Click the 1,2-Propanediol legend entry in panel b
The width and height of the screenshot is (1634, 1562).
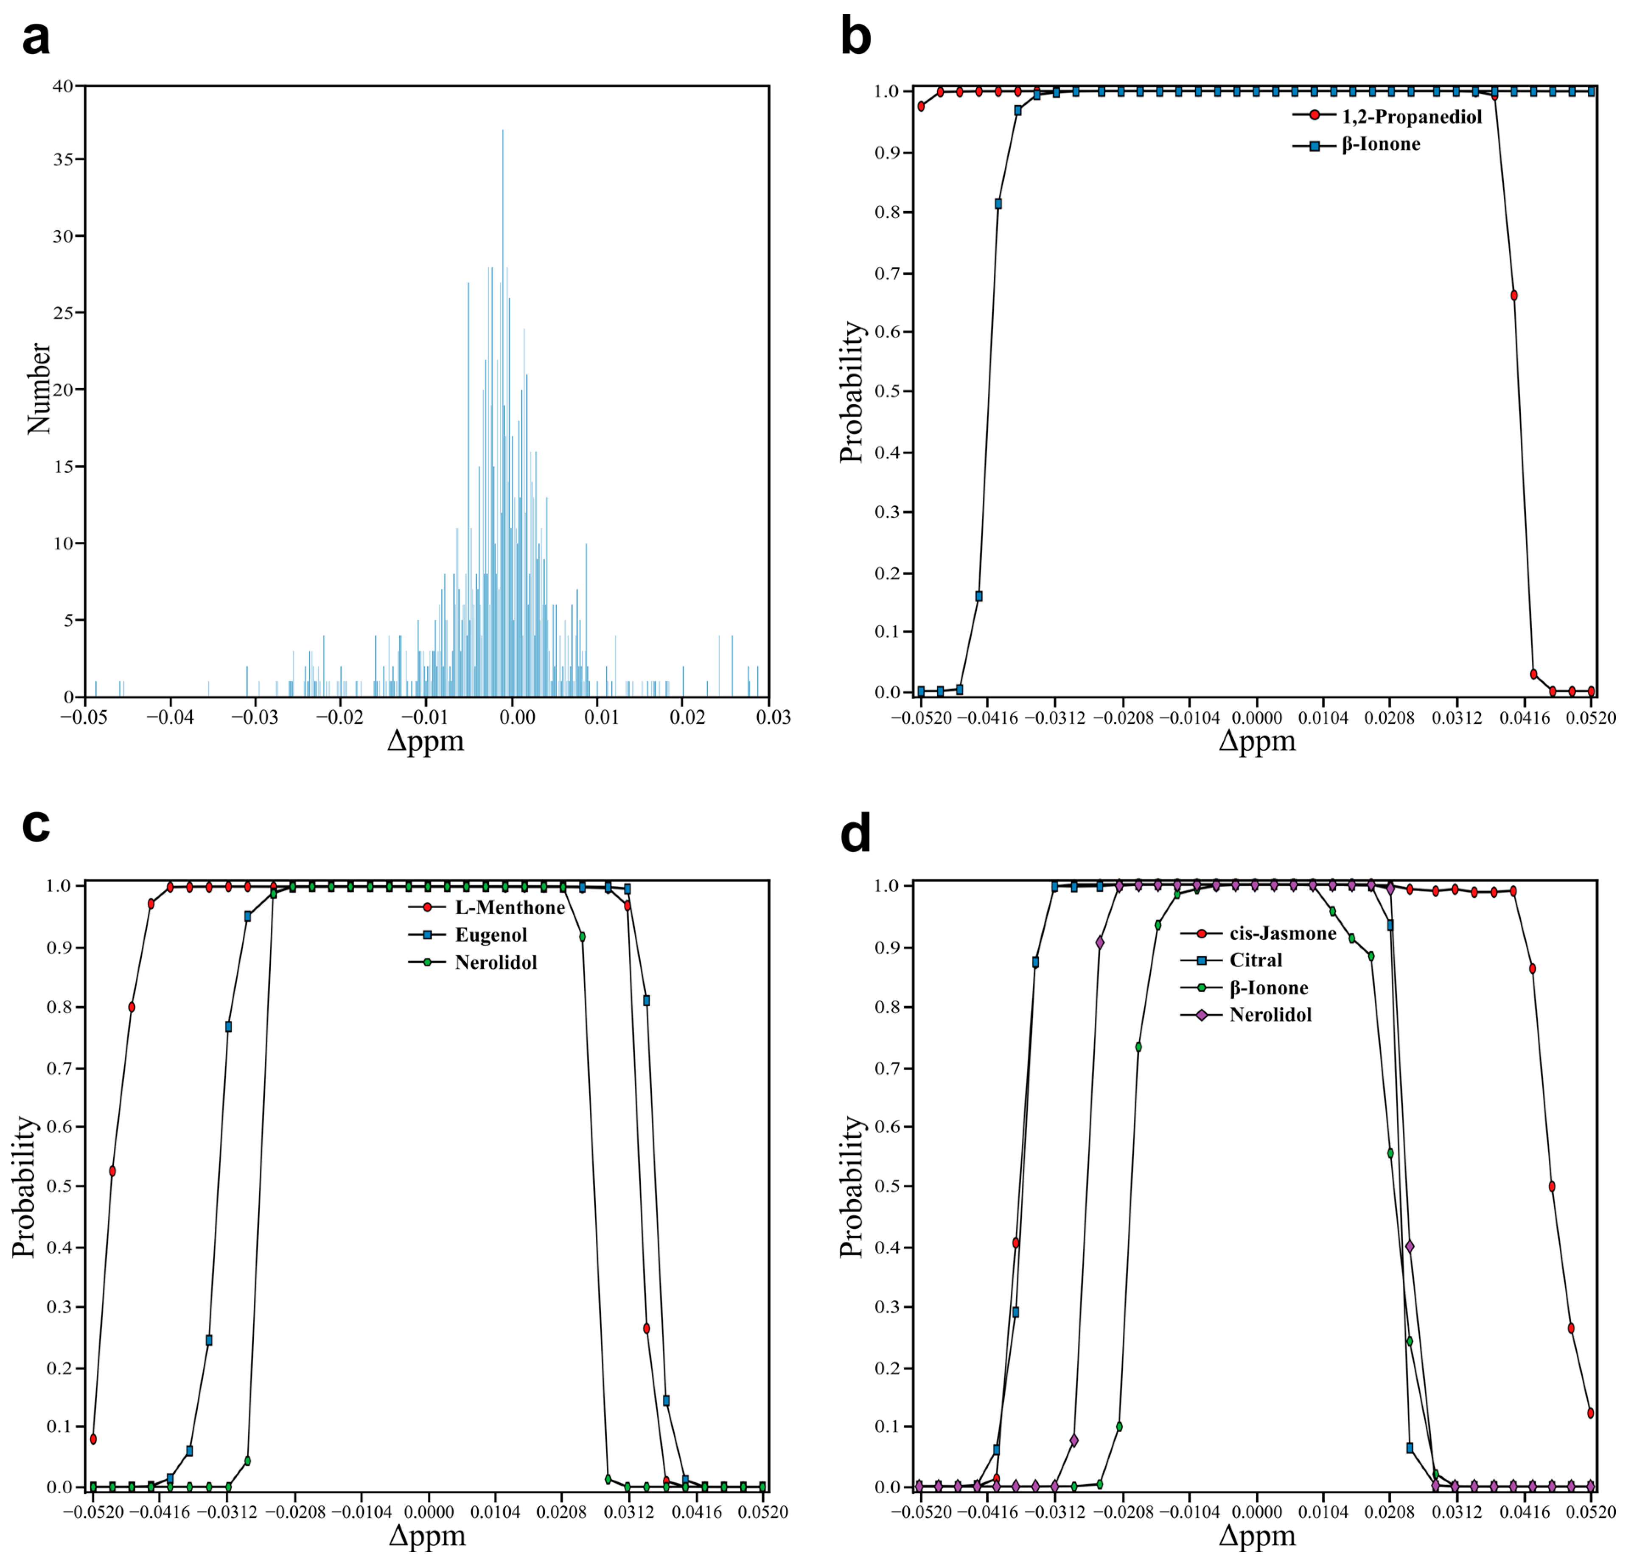pos(1411,117)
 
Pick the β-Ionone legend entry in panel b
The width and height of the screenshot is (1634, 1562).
pos(1380,144)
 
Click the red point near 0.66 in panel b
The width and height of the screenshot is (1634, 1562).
pos(1513,296)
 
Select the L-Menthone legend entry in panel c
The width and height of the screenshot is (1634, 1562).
pos(509,907)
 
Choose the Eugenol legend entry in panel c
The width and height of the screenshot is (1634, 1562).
pos(490,935)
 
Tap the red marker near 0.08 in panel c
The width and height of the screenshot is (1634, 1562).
pos(93,1439)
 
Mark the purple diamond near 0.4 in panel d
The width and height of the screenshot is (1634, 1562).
pos(1409,1246)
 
